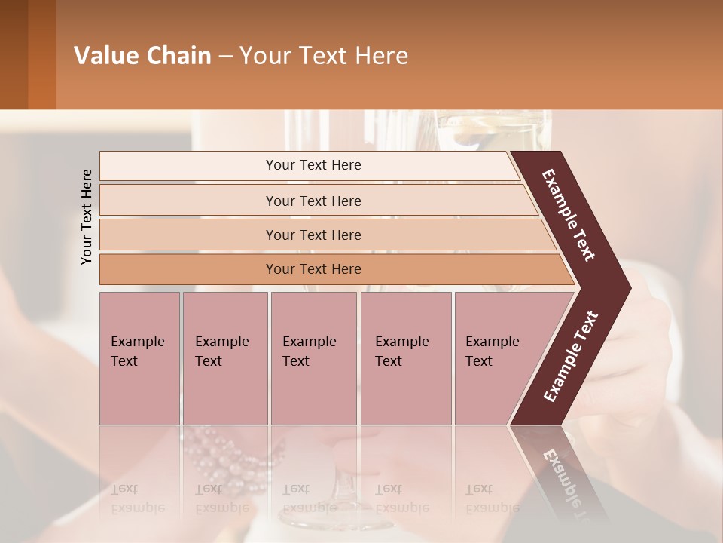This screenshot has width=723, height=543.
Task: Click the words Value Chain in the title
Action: (142, 56)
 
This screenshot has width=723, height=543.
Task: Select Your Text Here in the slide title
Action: (324, 56)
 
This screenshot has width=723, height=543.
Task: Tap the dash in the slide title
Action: (225, 57)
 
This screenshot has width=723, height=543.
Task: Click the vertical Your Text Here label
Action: (87, 216)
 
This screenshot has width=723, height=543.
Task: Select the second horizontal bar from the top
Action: (313, 201)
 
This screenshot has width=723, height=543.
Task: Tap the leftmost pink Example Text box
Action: (139, 358)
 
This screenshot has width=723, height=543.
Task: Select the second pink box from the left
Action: (225, 358)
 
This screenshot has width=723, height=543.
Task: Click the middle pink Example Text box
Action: (313, 358)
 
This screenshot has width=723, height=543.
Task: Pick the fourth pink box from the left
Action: (406, 358)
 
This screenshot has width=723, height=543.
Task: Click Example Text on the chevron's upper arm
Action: (569, 215)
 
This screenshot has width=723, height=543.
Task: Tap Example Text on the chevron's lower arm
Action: (570, 356)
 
